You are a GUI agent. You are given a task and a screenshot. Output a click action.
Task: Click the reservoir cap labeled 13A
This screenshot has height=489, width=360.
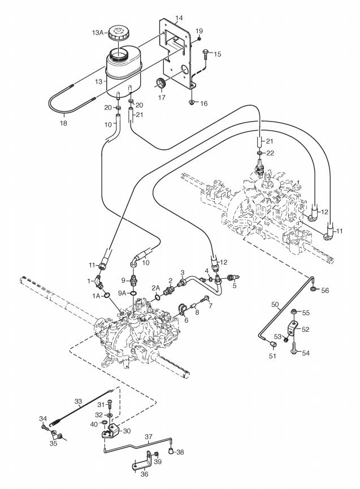[119, 33]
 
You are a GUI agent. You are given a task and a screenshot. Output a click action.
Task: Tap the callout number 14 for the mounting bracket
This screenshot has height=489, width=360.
[179, 19]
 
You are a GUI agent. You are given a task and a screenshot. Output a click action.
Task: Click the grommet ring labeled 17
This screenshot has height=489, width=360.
[161, 83]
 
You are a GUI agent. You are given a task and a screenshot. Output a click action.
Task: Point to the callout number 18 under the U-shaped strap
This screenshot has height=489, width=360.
[63, 123]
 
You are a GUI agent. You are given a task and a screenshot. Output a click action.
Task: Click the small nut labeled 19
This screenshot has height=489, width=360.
[199, 38]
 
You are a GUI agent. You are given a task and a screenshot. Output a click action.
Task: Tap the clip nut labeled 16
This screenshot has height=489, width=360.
[192, 102]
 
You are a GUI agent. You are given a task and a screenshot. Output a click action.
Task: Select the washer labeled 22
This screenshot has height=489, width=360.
[259, 153]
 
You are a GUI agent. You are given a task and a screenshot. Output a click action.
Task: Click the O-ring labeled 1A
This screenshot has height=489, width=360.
[107, 295]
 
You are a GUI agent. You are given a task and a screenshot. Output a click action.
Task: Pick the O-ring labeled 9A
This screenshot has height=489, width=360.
[133, 293]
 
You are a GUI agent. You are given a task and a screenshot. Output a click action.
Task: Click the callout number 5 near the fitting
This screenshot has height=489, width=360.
[235, 285]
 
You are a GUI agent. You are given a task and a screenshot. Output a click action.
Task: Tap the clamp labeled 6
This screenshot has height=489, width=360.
[182, 309]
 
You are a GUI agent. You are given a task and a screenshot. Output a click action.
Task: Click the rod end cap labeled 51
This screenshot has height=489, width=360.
[273, 344]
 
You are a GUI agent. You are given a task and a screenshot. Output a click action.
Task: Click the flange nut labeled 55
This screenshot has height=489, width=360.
[293, 311]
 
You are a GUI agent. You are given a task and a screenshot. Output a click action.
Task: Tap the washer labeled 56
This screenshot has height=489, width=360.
[313, 289]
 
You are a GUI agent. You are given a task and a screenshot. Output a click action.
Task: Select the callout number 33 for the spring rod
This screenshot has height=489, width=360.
[78, 401]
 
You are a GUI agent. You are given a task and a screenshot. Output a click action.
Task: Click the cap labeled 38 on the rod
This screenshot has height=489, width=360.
[171, 450]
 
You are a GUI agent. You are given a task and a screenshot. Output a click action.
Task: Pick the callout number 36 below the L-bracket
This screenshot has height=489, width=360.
[144, 474]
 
